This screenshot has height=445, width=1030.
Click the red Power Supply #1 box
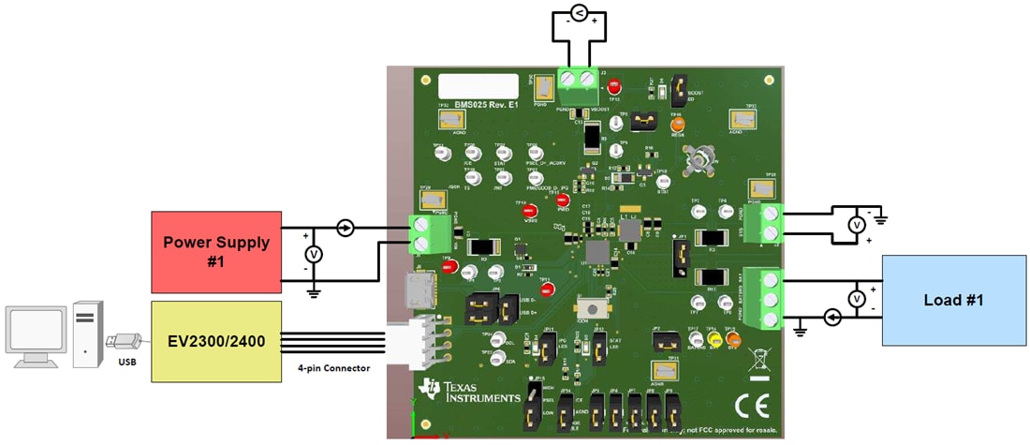point(216,251)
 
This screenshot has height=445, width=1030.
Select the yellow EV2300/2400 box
point(216,341)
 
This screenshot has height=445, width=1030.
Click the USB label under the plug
point(127,362)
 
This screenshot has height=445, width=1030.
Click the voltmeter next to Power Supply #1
point(315,254)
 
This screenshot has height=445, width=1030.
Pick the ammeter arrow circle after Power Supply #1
point(345,228)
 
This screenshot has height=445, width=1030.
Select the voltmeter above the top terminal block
point(578,12)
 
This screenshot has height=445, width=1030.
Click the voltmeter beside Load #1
point(855,299)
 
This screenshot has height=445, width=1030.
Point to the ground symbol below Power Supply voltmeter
point(315,293)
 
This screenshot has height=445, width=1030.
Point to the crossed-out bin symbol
point(758,358)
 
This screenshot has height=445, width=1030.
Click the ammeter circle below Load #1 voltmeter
point(832,318)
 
